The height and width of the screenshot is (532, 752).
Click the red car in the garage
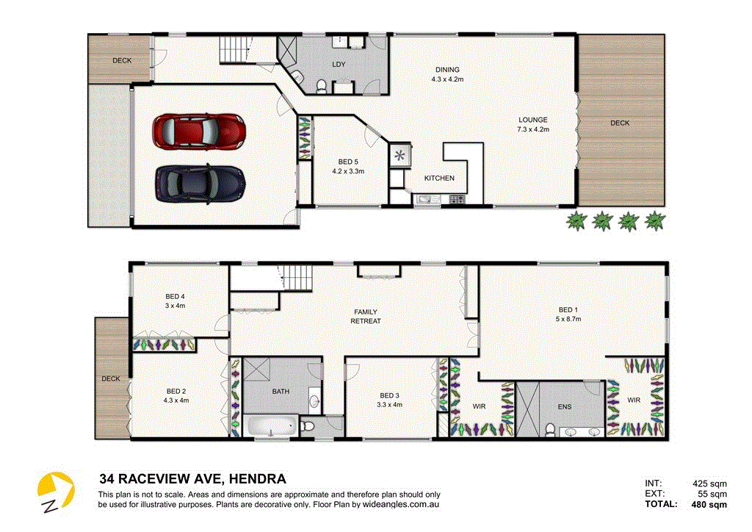click(198, 130)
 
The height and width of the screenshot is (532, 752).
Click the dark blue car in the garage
click(200, 181)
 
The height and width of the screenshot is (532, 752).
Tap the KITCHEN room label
click(439, 178)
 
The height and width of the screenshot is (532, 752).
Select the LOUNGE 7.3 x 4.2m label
click(533, 124)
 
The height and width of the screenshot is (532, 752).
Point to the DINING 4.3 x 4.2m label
click(447, 74)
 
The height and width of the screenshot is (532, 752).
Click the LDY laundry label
click(339, 65)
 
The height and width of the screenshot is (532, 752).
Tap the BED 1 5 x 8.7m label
click(568, 314)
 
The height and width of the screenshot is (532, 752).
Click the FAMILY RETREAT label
click(365, 317)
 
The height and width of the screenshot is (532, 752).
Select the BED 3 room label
click(389, 399)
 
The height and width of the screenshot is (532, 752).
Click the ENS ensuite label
click(564, 406)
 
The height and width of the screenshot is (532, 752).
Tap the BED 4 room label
click(175, 301)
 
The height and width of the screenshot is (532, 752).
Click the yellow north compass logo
click(56, 492)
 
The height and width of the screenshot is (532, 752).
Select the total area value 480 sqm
click(709, 505)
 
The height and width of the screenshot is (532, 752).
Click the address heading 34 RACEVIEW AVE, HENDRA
click(192, 479)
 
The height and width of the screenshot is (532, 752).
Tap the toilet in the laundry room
click(321, 88)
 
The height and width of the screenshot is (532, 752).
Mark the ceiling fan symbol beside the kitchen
click(401, 155)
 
